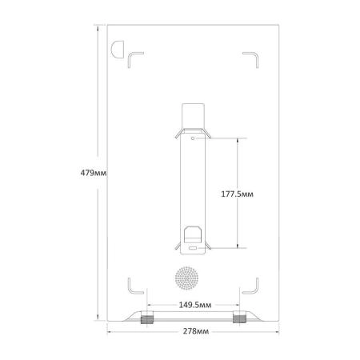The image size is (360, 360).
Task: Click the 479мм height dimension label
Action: click(94, 173)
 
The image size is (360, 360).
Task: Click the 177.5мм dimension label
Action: click(237, 194)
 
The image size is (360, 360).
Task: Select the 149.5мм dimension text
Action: click(195, 305)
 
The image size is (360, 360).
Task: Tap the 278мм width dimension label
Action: click(196, 331)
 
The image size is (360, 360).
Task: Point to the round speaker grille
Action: click(186, 278)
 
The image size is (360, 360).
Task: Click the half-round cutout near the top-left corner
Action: click(118, 50)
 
